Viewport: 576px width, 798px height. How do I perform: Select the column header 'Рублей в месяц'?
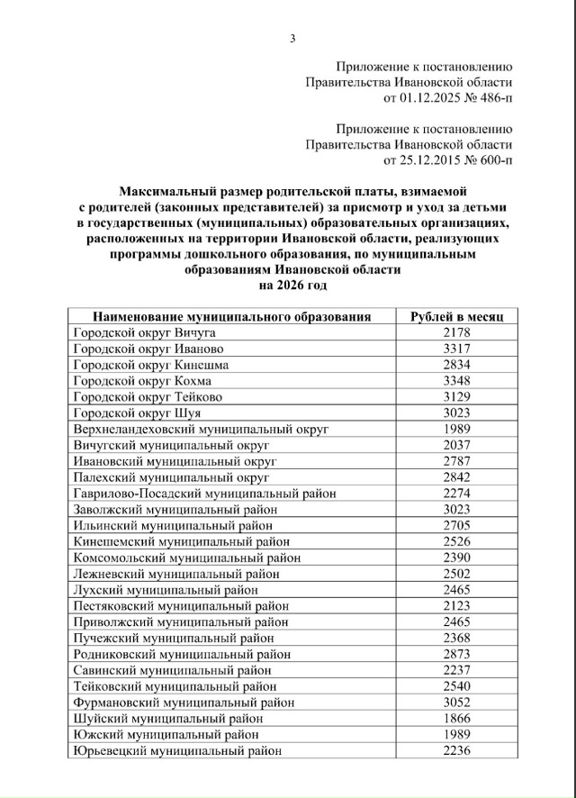[x=457, y=317]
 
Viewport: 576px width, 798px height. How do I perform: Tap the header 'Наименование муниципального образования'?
[x=232, y=317]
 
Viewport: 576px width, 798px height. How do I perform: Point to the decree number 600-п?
[x=491, y=160]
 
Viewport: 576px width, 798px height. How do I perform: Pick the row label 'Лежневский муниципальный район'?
[x=168, y=574]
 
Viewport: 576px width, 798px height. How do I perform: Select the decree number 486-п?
[x=491, y=97]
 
